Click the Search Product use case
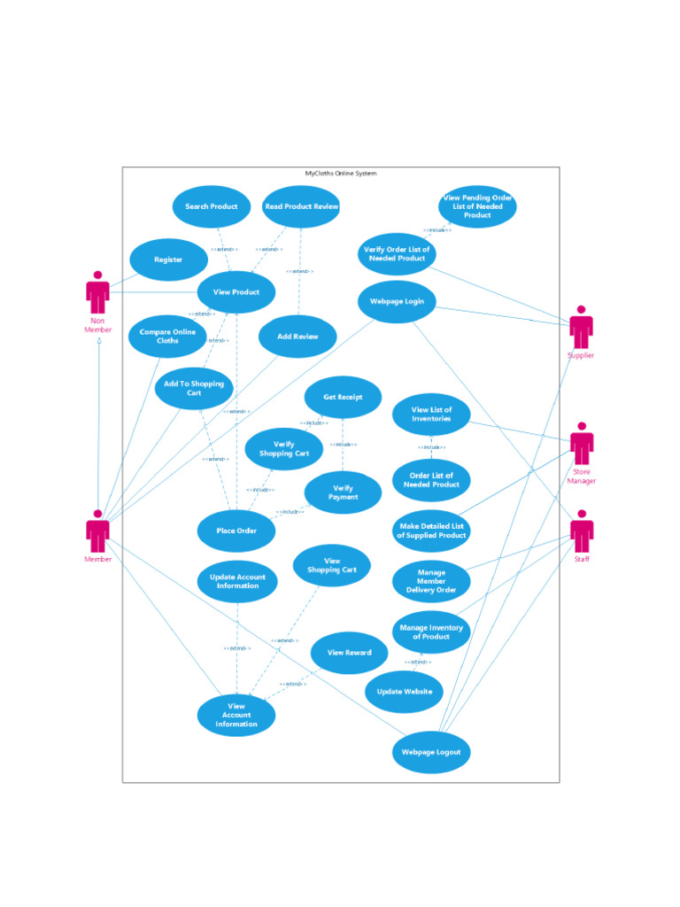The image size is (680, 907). [212, 206]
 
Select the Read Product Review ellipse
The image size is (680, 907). [302, 206]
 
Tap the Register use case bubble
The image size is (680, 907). [168, 260]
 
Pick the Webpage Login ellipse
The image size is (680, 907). [397, 301]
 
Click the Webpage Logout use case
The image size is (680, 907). [431, 752]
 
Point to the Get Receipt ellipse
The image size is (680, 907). [343, 398]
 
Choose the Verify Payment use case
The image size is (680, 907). [343, 492]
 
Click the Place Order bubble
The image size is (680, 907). [236, 531]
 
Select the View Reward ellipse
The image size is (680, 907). [349, 653]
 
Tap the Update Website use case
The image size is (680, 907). [404, 692]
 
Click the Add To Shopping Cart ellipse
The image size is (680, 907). [194, 388]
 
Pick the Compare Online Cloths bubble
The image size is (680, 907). [167, 337]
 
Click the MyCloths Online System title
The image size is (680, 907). [341, 174]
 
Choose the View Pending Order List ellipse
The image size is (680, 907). [477, 206]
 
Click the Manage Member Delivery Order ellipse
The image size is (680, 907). [431, 581]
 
